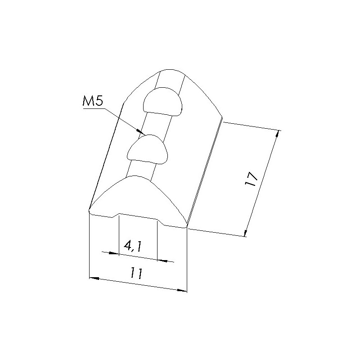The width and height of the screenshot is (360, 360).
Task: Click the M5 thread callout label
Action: [93, 102]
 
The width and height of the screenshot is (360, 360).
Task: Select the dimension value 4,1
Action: [133, 247]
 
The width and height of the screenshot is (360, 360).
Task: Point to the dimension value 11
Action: [136, 273]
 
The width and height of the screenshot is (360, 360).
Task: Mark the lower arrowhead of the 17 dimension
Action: [245, 233]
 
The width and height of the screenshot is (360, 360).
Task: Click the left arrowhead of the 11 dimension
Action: [94, 278]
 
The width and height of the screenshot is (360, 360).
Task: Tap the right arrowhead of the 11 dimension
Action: [182, 290]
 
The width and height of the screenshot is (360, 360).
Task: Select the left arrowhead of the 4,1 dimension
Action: [114, 253]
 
